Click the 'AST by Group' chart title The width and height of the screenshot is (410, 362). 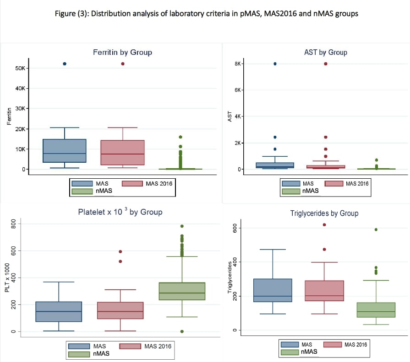(325, 52)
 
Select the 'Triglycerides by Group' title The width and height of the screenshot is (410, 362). (324, 213)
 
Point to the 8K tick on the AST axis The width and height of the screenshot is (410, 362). (238, 64)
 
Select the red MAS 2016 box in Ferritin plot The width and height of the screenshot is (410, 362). (123, 153)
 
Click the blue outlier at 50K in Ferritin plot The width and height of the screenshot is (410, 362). (65, 64)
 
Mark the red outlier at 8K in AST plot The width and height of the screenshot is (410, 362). (326, 64)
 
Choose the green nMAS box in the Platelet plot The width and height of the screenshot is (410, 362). (182, 291)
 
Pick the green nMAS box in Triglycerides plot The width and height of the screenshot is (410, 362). (376, 310)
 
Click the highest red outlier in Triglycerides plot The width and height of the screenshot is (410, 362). (324, 224)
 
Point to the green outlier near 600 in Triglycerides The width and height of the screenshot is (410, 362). (376, 229)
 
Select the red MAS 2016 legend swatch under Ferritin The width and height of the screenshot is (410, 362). (131, 184)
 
